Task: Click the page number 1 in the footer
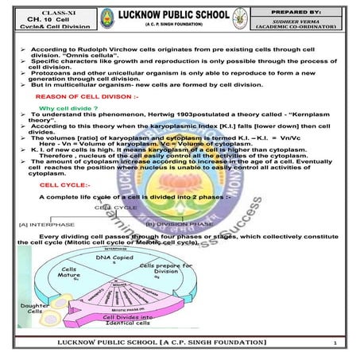(336, 343)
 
